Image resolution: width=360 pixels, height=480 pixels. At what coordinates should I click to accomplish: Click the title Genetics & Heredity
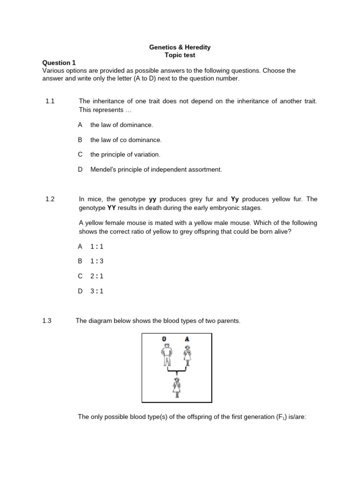[x=180, y=47]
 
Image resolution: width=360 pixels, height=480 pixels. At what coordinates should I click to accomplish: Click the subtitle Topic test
[x=180, y=55]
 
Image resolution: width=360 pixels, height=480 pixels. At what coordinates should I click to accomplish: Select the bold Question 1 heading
[x=59, y=63]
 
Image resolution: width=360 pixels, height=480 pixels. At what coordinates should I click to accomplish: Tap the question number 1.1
[x=50, y=101]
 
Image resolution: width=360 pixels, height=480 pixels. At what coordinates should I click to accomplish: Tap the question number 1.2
[x=50, y=199]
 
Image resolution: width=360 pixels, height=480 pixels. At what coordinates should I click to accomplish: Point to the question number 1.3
[x=47, y=321]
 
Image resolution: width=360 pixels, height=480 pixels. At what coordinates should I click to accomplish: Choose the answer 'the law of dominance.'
[x=121, y=125]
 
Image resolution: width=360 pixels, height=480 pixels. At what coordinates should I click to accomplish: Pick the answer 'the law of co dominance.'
[x=126, y=140]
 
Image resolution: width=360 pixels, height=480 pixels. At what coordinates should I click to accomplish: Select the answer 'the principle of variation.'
[x=125, y=154]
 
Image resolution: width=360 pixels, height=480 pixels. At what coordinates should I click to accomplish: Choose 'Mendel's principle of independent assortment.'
[x=156, y=169]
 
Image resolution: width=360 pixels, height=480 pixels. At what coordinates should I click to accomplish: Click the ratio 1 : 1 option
[x=97, y=246]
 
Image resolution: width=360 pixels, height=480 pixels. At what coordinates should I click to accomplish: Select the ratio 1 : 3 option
[x=97, y=261]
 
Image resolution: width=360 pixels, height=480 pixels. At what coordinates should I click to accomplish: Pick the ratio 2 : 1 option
[x=97, y=276]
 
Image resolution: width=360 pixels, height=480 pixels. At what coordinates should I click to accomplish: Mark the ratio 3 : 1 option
[x=97, y=291]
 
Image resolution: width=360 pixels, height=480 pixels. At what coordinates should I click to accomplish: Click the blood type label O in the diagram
[x=164, y=339]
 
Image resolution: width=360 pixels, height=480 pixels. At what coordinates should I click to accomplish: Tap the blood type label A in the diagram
[x=187, y=339]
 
